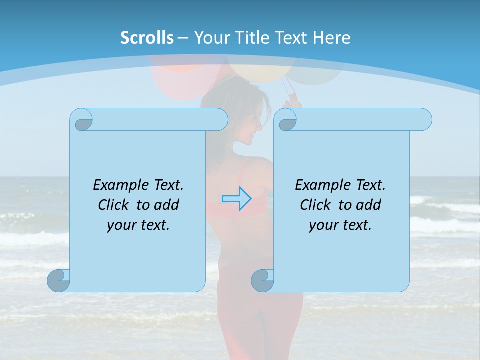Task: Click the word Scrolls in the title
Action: pos(147,38)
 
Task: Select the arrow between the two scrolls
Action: pos(236,198)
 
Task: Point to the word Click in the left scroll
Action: pos(114,205)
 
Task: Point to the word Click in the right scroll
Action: pos(316,205)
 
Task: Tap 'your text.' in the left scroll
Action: pos(138,225)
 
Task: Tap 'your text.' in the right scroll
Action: pos(340,225)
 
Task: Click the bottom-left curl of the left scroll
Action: pos(59,280)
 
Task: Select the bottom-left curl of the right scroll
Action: pos(263,280)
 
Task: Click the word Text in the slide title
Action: pos(291,38)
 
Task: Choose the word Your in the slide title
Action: pos(210,38)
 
